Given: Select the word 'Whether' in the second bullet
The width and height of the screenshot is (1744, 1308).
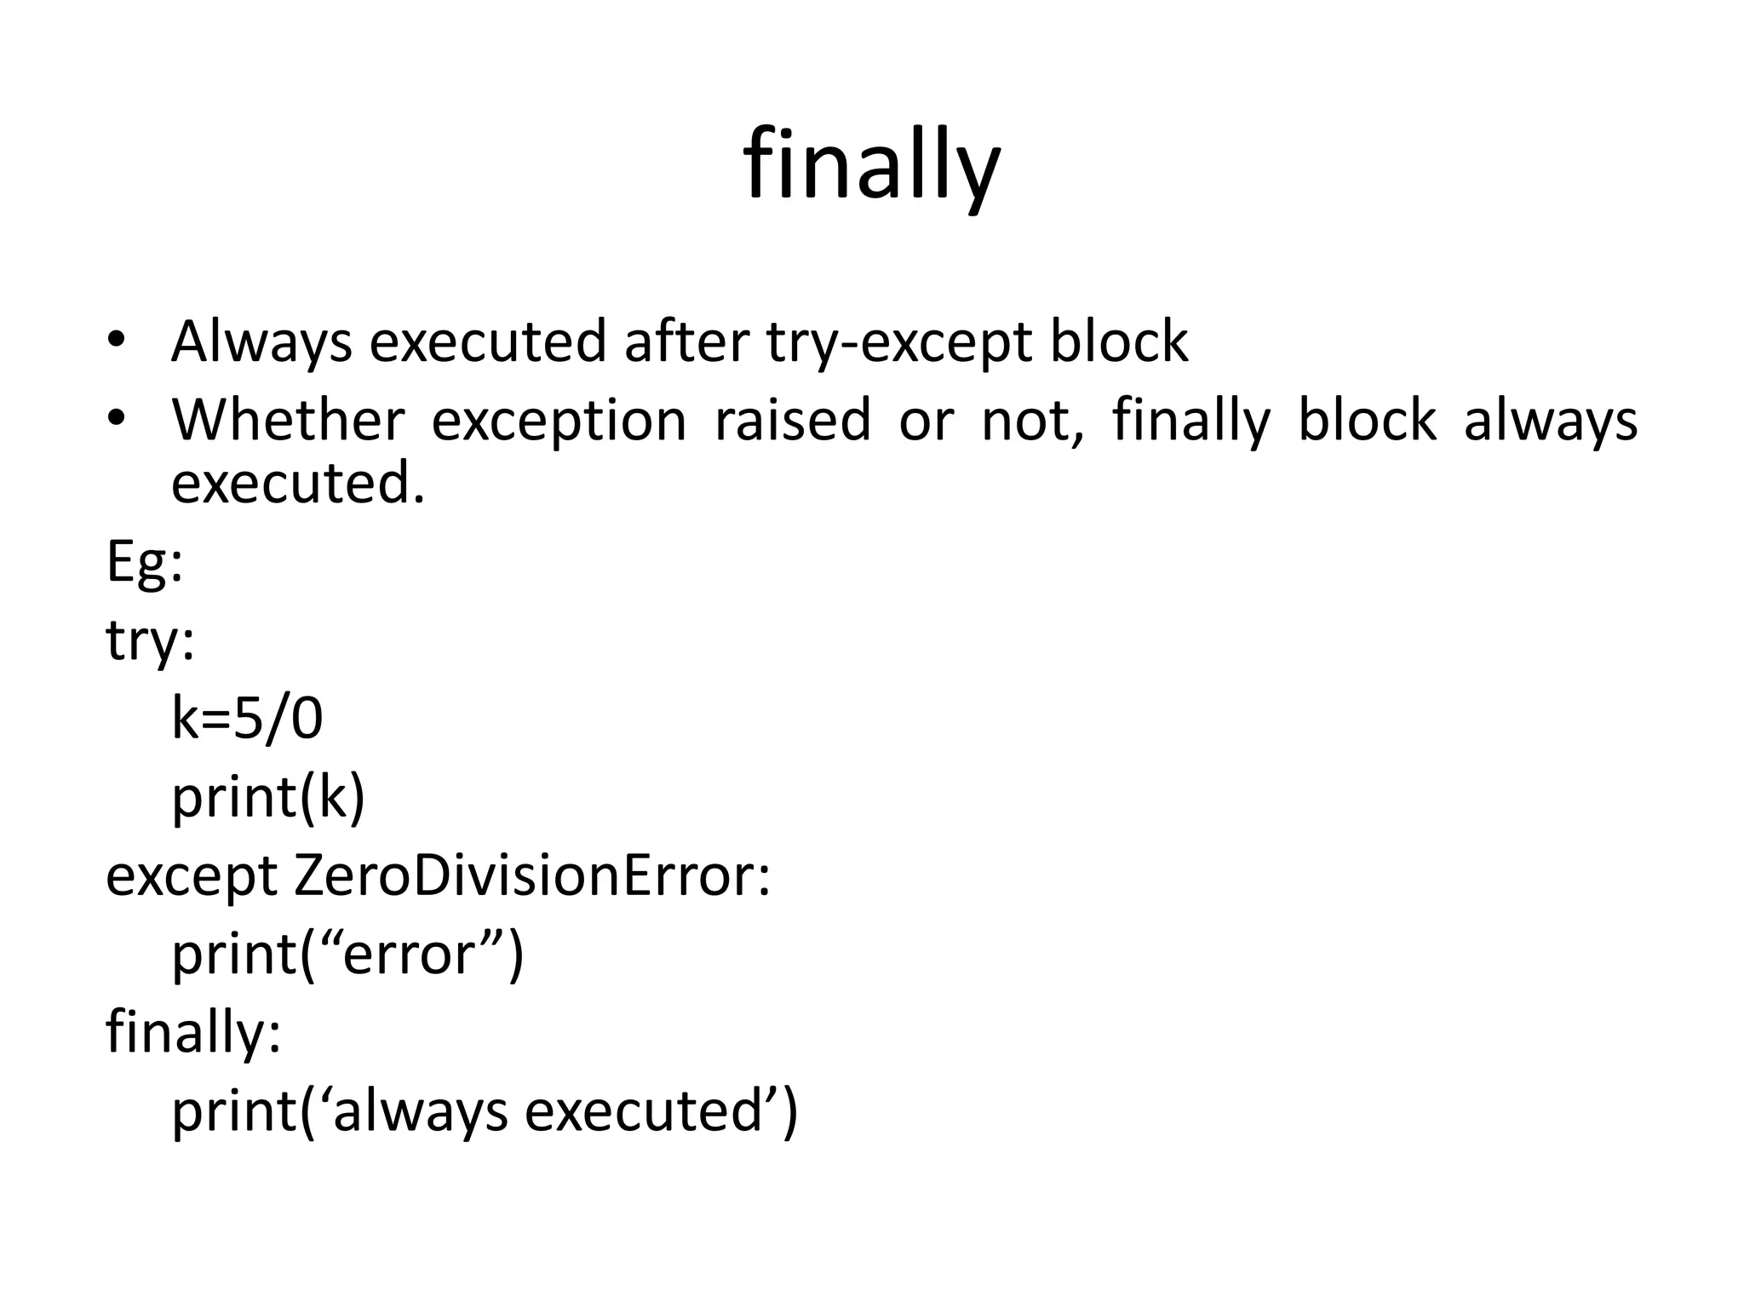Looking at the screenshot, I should pyautogui.click(x=288, y=420).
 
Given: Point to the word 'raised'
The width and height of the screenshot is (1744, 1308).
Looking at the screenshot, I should pyautogui.click(x=792, y=420).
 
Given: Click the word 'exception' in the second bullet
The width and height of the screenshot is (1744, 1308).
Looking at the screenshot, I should pyautogui.click(x=559, y=422).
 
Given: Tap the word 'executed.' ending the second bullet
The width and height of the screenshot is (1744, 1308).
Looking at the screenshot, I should pyautogui.click(x=297, y=484).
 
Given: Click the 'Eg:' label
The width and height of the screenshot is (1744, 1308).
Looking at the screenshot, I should pyautogui.click(x=144, y=562).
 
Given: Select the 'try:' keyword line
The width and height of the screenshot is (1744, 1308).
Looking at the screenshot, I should pyautogui.click(x=150, y=640).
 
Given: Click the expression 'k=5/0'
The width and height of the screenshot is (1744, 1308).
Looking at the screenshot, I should pyautogui.click(x=247, y=718).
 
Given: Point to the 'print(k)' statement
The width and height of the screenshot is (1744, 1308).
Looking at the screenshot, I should pyautogui.click(x=268, y=797).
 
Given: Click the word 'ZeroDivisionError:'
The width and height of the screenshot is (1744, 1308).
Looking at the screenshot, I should pyautogui.click(x=532, y=875).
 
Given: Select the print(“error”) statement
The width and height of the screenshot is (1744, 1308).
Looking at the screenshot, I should pyautogui.click(x=347, y=955).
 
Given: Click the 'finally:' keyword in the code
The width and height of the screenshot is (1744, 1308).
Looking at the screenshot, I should pyautogui.click(x=193, y=1032).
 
